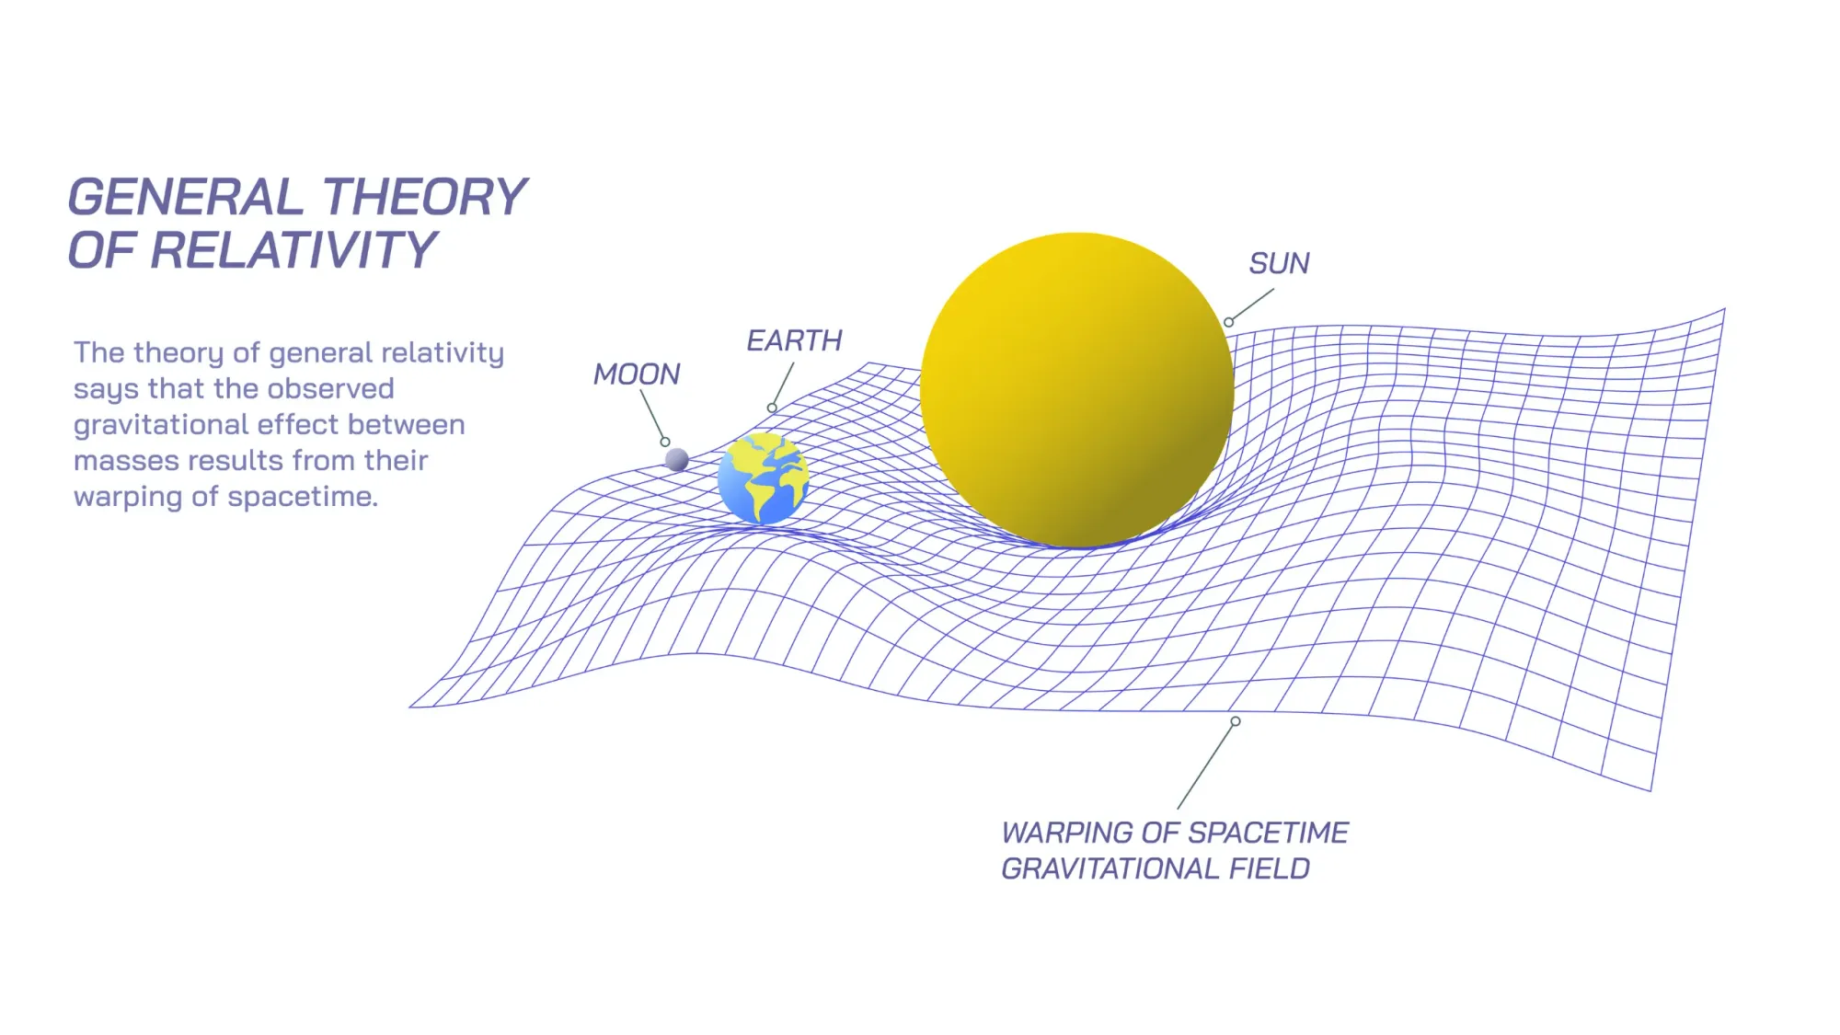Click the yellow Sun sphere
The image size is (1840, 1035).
point(1077,390)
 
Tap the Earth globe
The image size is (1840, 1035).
point(763,478)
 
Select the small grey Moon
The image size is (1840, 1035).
point(677,459)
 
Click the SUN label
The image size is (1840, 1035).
point(1279,263)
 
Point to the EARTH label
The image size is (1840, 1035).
point(794,340)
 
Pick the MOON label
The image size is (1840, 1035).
point(637,374)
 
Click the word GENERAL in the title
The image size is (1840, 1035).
point(186,197)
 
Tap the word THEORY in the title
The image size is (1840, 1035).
point(425,197)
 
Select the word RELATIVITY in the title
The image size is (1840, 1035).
point(294,250)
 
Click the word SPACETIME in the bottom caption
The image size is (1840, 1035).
point(1275,833)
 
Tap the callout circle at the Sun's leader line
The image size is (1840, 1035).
point(1228,322)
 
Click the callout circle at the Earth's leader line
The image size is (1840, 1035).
point(772,408)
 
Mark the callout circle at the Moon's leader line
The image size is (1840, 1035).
point(665,442)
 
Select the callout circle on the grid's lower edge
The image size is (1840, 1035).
point(1236,721)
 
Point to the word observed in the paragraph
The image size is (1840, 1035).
point(330,388)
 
